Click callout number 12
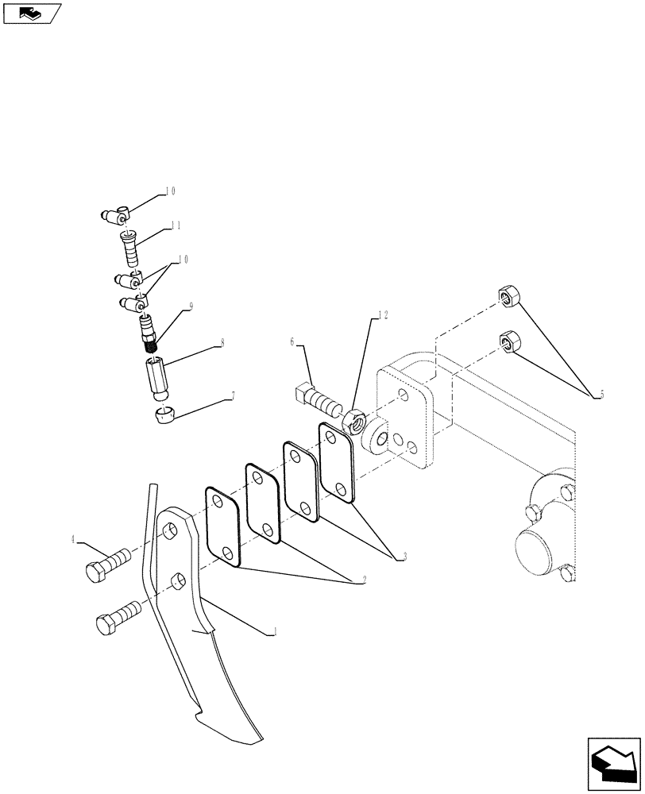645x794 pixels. [384, 314]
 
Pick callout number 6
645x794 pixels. [292, 341]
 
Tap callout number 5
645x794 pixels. [603, 394]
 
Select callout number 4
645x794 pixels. [73, 539]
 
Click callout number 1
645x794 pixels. [274, 632]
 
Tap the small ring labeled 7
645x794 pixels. [163, 413]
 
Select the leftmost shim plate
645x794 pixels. [222, 526]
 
